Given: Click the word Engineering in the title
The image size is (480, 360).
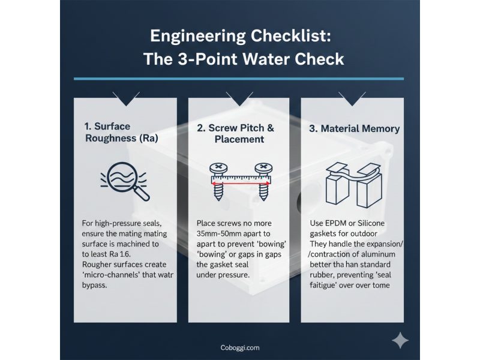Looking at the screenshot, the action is tap(198, 36).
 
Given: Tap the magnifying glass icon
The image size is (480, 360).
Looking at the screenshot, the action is tap(125, 181).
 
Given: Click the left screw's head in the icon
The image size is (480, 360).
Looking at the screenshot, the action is tap(218, 168).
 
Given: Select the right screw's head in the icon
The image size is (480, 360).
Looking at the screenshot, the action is tap(263, 168).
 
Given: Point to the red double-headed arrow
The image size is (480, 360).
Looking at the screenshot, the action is tap(241, 184).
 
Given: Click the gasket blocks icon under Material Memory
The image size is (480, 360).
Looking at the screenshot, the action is tap(354, 185).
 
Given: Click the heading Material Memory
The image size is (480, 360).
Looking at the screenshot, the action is tap(355, 128).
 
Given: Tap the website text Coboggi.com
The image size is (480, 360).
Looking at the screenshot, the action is tap(240, 348).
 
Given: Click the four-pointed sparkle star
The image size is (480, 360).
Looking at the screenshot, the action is tap(400, 340).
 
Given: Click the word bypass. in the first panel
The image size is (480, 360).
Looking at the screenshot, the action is tap(94, 286).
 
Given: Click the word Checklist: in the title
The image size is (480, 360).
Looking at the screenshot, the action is tap(291, 36).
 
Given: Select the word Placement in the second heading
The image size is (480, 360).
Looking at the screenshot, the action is tap(239, 139).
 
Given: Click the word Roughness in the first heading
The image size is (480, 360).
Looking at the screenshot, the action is tap(110, 139).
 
